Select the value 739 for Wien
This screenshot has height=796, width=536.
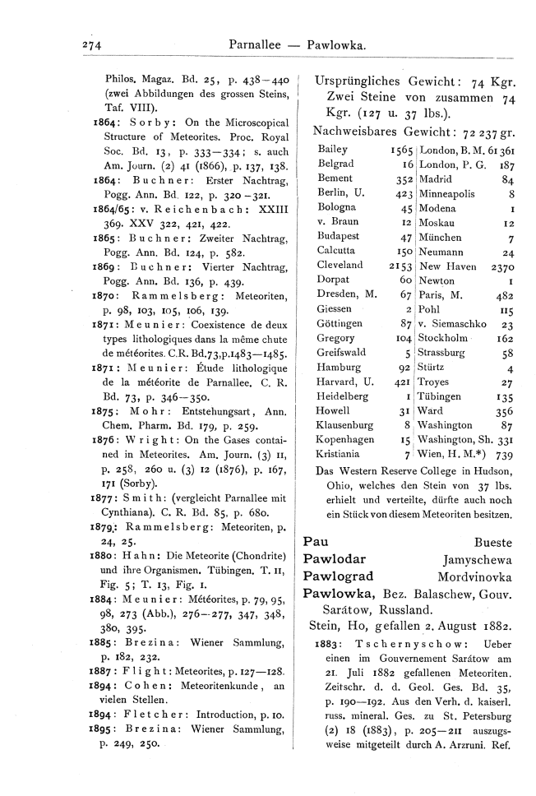pyautogui.click(x=504, y=454)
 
